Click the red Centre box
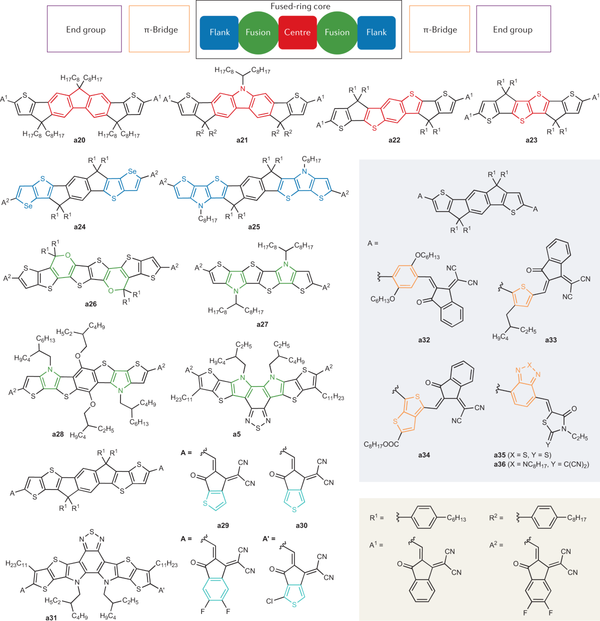(297, 32)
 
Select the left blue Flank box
(219, 32)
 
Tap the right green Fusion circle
(337, 32)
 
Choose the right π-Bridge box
(439, 29)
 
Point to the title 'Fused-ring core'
(300, 6)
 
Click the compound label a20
(79, 140)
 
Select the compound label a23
(531, 140)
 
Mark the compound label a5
(236, 434)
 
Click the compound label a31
(51, 617)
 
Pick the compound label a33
(551, 340)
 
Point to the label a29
(223, 525)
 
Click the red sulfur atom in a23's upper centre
(538, 93)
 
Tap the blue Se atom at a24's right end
(132, 171)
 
